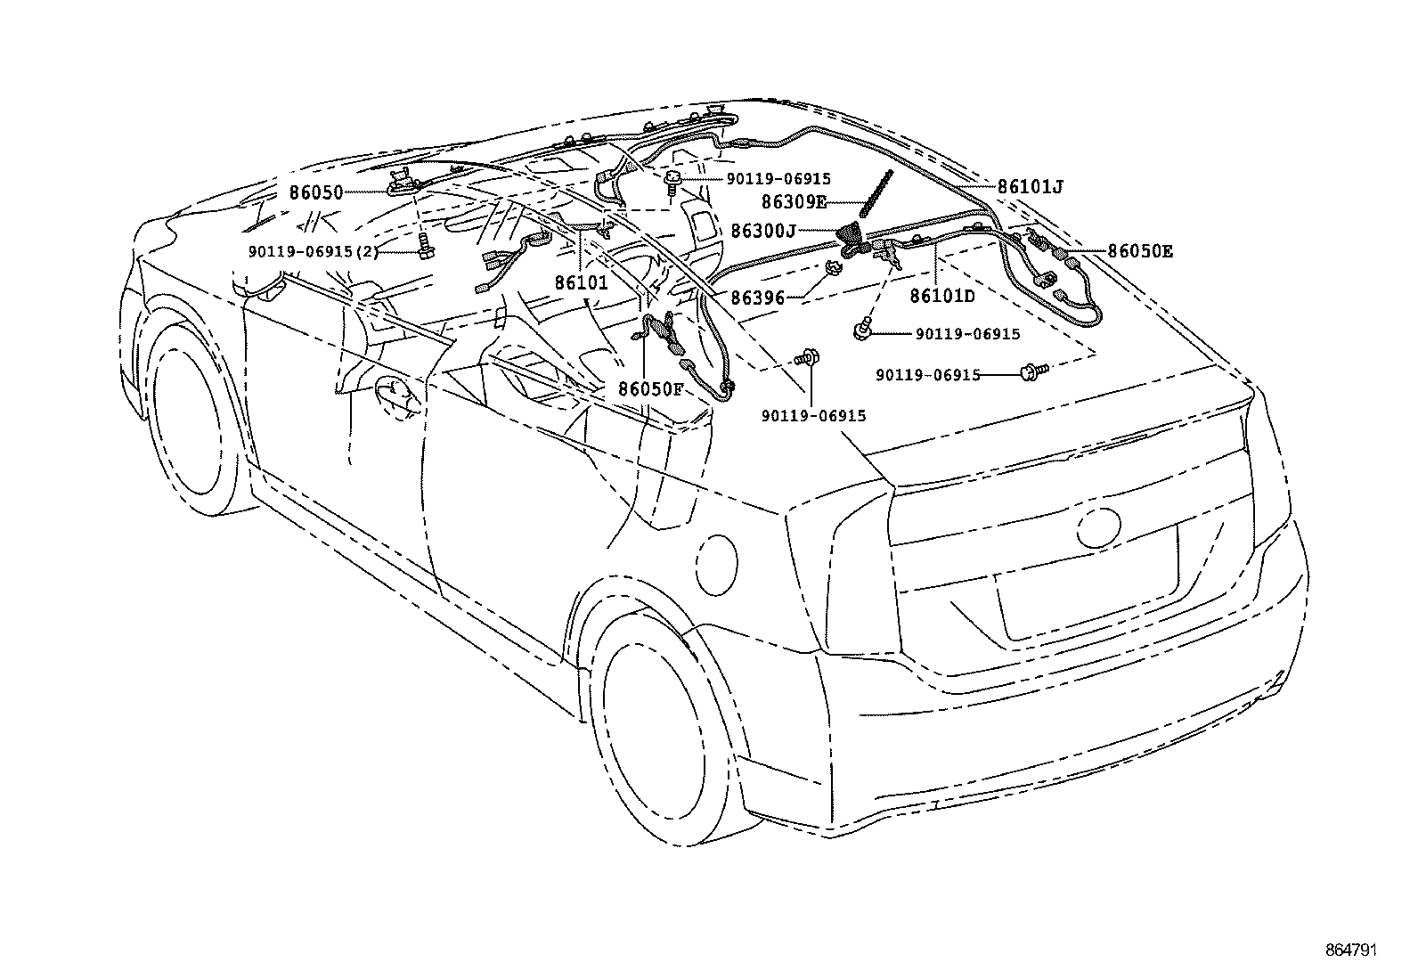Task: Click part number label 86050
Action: (315, 192)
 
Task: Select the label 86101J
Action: (1030, 187)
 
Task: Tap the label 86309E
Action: (793, 202)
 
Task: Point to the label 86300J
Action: (763, 231)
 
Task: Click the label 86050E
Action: (1140, 252)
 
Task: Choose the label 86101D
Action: (942, 297)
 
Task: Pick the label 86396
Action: (757, 298)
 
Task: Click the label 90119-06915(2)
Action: (314, 252)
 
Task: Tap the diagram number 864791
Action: (1349, 950)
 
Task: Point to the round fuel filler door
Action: (715, 564)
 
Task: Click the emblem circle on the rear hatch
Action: (1102, 527)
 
